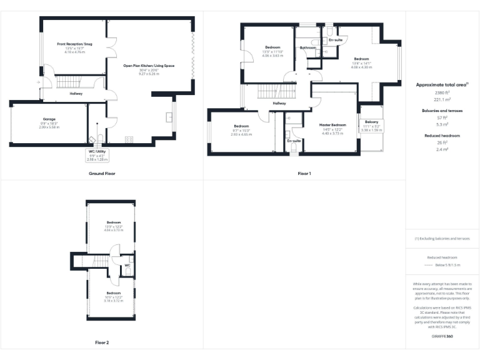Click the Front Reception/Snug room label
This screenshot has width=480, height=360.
[74, 44]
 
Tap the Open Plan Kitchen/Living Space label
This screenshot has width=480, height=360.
[149, 66]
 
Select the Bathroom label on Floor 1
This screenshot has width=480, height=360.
[307, 47]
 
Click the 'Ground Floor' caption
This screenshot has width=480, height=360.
[102, 173]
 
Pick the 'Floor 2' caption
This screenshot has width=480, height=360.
[102, 342]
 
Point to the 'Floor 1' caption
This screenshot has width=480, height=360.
[304, 173]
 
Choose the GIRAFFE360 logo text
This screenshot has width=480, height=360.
[442, 337]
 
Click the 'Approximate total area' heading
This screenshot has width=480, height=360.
[442, 84]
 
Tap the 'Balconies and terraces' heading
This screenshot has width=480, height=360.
[442, 110]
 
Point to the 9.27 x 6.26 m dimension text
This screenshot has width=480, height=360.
[149, 74]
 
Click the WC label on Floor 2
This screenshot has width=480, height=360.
[127, 265]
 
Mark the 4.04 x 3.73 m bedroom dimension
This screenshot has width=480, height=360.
[113, 230]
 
